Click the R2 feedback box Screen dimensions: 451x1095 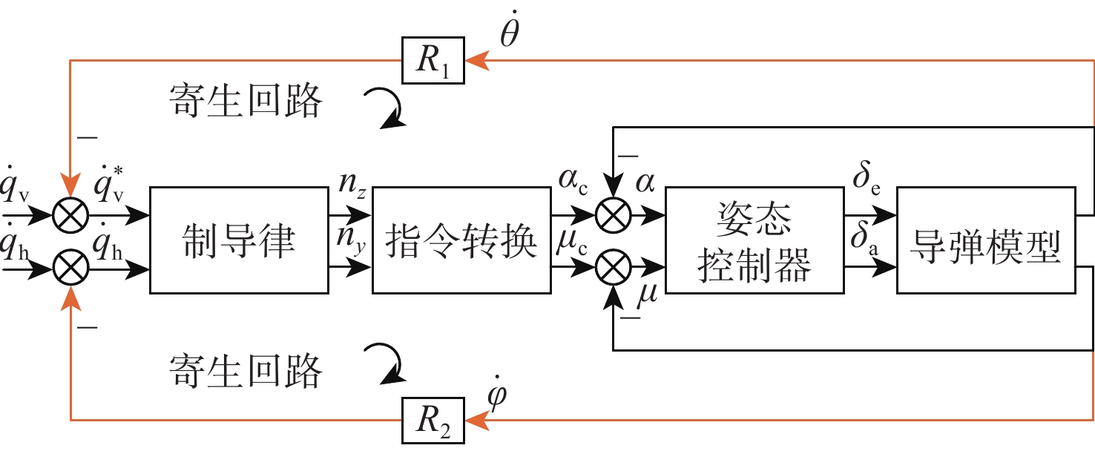click(434, 421)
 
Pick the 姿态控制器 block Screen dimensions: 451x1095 click(754, 240)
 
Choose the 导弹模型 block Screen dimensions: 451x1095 click(985, 240)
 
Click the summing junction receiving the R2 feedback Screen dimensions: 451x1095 click(70, 267)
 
